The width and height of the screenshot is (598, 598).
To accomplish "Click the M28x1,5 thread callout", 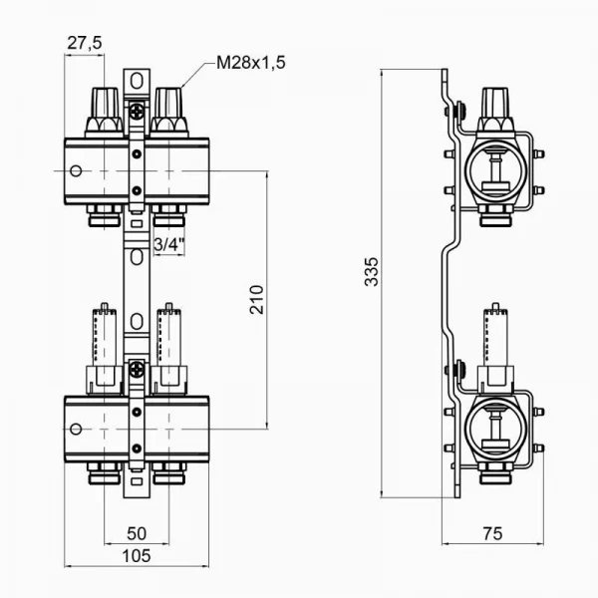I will (x=251, y=63).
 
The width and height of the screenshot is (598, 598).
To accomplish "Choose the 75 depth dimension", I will (x=490, y=535).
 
